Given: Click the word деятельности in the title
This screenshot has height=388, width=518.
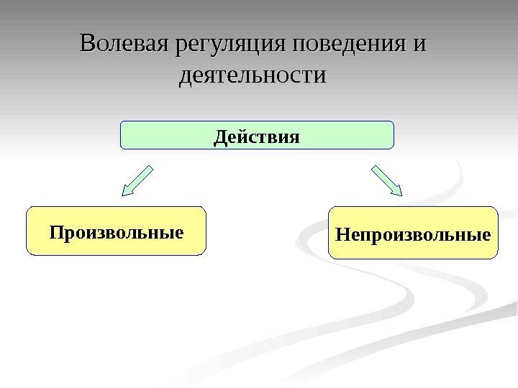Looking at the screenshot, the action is click(x=252, y=74).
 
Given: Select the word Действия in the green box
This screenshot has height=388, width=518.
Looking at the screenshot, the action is click(x=256, y=135).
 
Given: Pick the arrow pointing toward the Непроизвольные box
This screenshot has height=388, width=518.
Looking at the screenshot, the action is click(x=387, y=180).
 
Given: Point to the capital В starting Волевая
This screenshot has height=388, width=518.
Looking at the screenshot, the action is click(x=88, y=44).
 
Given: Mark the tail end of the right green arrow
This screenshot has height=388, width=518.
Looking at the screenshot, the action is click(x=374, y=168).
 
